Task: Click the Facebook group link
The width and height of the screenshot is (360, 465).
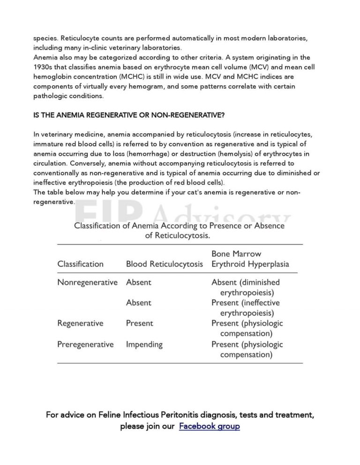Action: coord(209,426)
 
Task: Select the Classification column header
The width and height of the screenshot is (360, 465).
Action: coord(80,264)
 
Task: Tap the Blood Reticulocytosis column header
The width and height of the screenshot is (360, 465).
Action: coord(165,264)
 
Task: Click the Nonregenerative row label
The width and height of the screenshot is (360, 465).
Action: coord(87,282)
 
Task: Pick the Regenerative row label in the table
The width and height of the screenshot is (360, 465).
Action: coord(80,323)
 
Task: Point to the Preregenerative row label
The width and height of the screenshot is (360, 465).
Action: coord(85,344)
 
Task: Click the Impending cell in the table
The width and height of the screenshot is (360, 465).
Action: coord(144,344)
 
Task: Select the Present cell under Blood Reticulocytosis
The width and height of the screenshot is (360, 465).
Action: coord(139,323)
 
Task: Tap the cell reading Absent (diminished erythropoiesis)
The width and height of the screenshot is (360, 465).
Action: coord(246,288)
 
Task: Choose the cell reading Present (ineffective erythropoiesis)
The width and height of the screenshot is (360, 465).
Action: coord(246,308)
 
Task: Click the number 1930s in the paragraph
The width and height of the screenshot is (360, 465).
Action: coord(45,67)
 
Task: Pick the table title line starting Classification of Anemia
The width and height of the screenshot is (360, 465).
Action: coord(180,226)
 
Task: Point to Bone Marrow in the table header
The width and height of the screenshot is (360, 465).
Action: coord(236,254)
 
